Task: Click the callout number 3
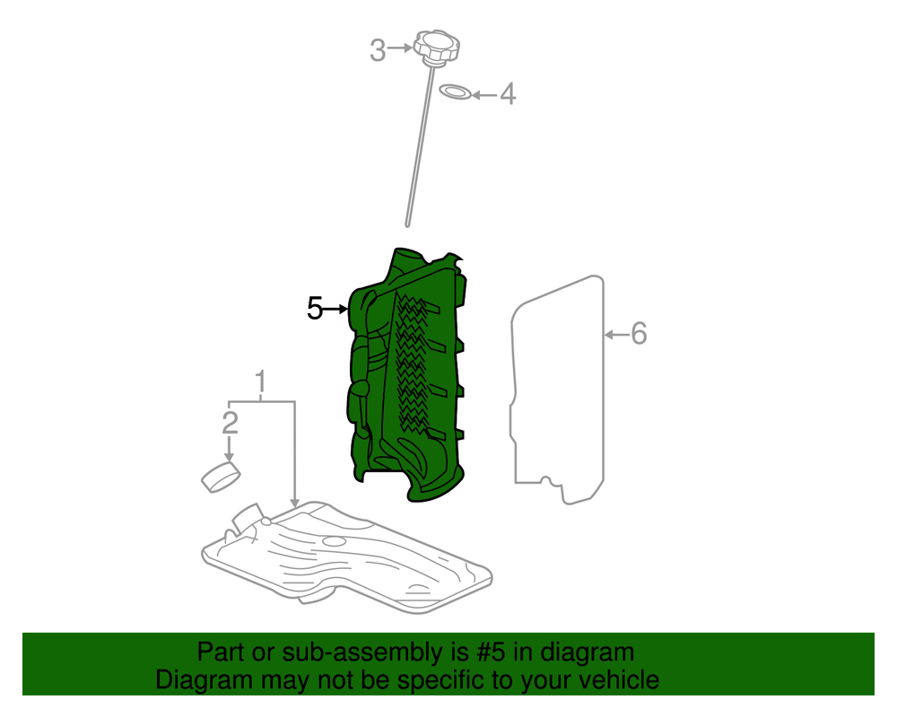(x=378, y=49)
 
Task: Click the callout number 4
(x=508, y=94)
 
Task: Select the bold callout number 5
(x=315, y=309)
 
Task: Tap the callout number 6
(x=639, y=334)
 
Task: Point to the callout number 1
(x=260, y=381)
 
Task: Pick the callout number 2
(x=230, y=423)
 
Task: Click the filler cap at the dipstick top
(x=437, y=46)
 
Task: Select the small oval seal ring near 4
(x=456, y=92)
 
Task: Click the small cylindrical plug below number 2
(x=221, y=477)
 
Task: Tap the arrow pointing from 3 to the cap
(x=400, y=48)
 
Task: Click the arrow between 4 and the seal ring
(x=484, y=95)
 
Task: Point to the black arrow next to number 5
(x=335, y=309)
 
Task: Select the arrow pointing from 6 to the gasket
(x=617, y=334)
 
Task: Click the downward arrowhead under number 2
(x=230, y=457)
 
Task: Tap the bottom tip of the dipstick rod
(x=407, y=225)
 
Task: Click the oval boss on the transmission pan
(x=334, y=540)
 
